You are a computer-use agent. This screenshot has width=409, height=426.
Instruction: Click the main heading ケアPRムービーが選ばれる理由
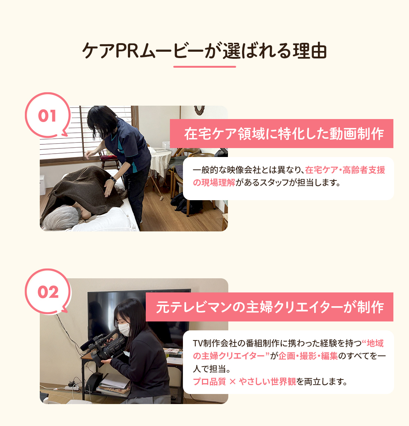point(204,51)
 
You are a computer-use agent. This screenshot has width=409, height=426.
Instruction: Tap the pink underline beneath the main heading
point(204,67)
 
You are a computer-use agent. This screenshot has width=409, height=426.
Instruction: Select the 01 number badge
point(47,116)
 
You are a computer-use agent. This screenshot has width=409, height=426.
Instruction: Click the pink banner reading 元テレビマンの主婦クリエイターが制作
point(270,307)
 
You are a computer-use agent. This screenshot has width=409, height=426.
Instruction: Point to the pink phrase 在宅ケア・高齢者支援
point(345,170)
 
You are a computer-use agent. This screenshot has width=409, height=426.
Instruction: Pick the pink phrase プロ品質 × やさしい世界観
point(244,382)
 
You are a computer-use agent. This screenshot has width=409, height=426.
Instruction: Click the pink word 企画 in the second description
point(287,356)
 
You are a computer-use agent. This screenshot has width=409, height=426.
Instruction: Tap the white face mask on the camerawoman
point(124,329)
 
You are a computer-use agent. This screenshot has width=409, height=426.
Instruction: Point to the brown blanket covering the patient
point(82,190)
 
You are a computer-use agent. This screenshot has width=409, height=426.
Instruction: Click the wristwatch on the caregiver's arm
point(113,179)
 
